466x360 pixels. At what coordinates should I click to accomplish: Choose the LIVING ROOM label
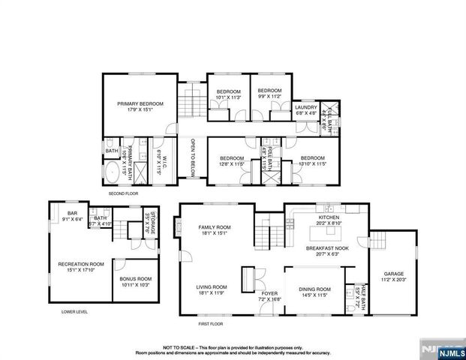tap(212, 288)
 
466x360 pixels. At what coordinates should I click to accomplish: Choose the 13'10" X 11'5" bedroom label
tap(312, 160)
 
